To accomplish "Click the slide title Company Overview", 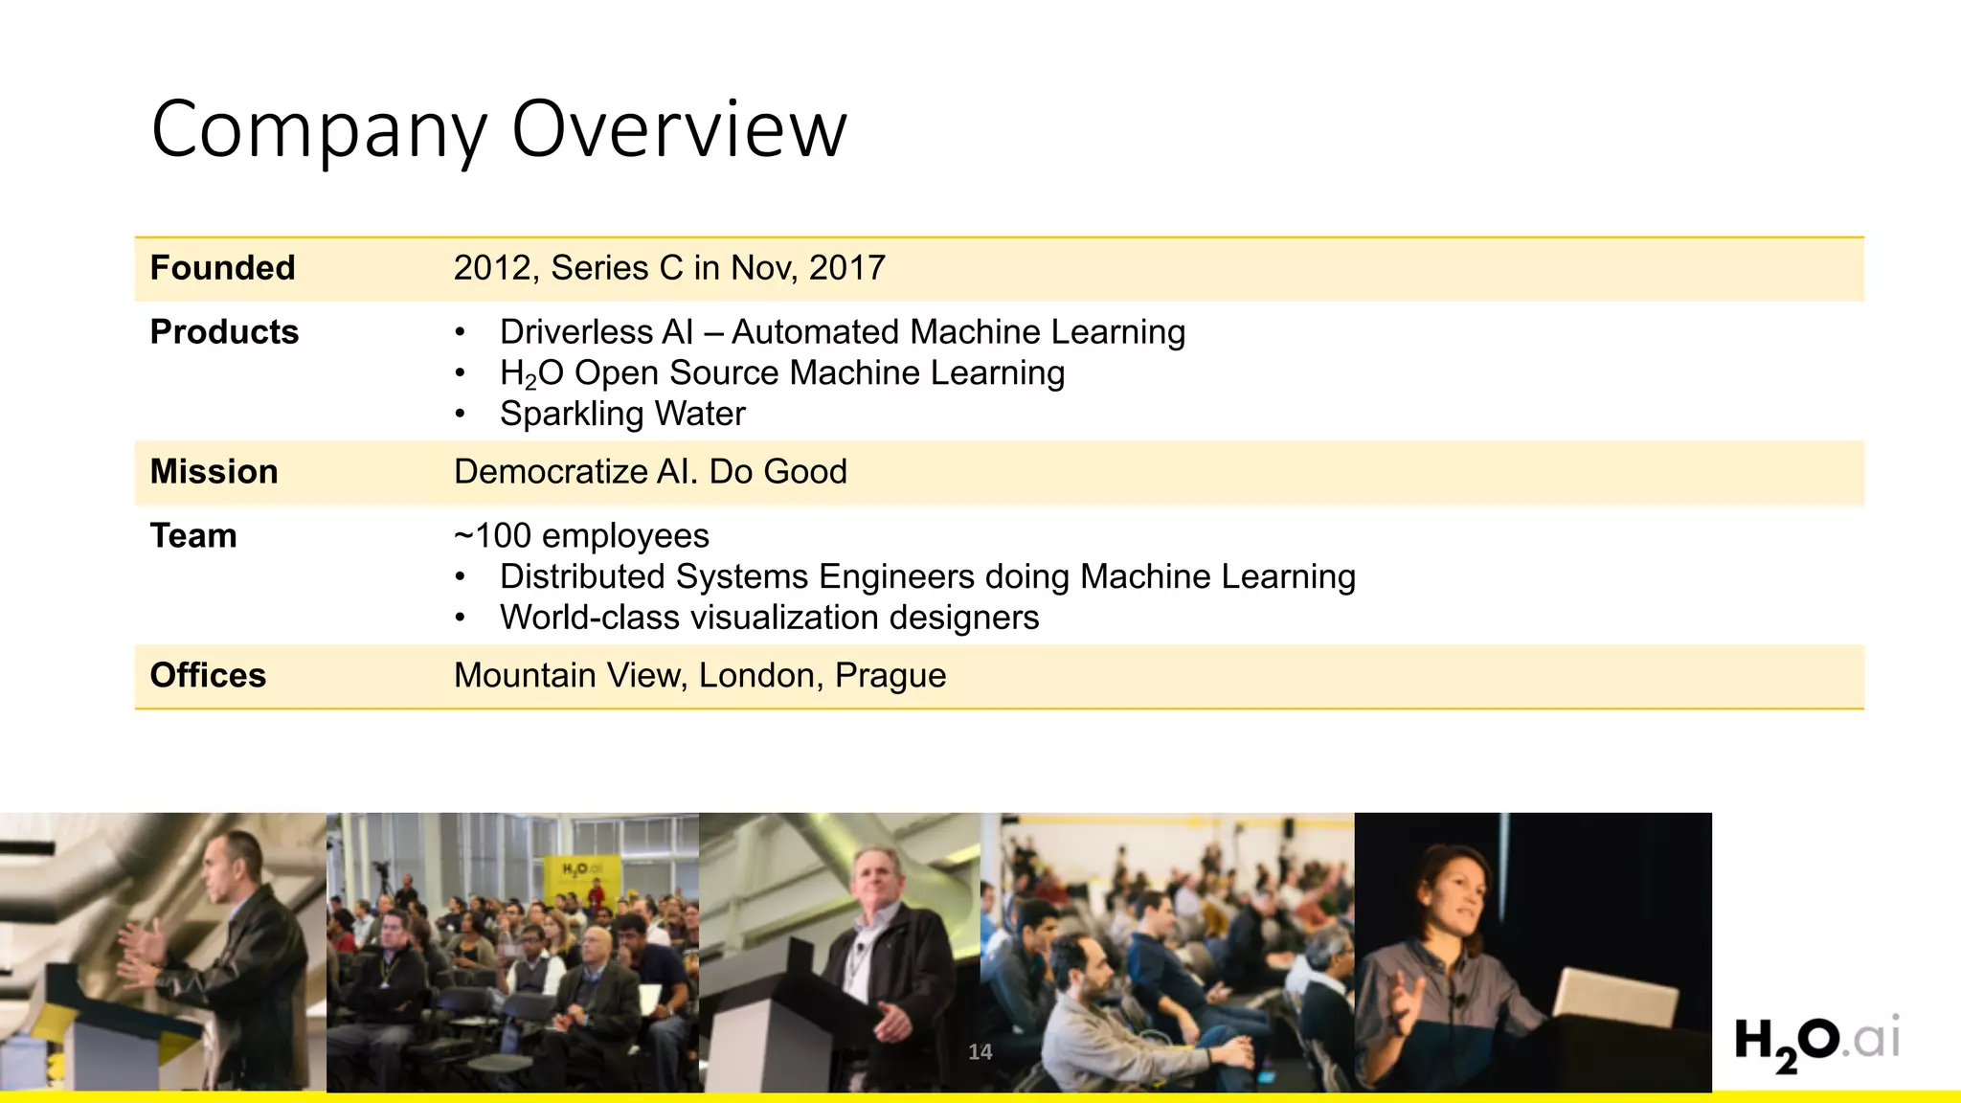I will [499, 129].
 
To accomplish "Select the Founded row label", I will [222, 268].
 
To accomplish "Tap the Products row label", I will [224, 332].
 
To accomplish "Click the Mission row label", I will [214, 472].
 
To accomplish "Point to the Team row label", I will [193, 536].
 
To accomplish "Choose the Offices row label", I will [208, 676].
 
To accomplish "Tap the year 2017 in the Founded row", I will [846, 268].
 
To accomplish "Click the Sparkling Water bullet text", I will [622, 414].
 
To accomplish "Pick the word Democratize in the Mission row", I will [551, 472].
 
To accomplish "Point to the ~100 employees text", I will [581, 536].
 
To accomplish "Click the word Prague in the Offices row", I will [890, 676].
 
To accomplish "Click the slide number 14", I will [980, 1052].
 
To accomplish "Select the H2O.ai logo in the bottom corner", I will [1816, 1043].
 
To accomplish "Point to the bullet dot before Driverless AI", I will [461, 333].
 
